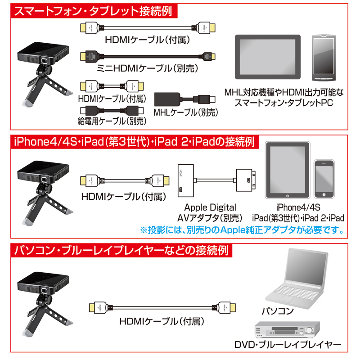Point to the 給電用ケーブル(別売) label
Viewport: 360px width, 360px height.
click(x=112, y=121)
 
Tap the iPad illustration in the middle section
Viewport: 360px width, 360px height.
click(x=287, y=171)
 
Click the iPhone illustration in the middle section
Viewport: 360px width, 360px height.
click(x=326, y=178)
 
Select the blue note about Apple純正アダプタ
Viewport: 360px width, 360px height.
click(x=243, y=230)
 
